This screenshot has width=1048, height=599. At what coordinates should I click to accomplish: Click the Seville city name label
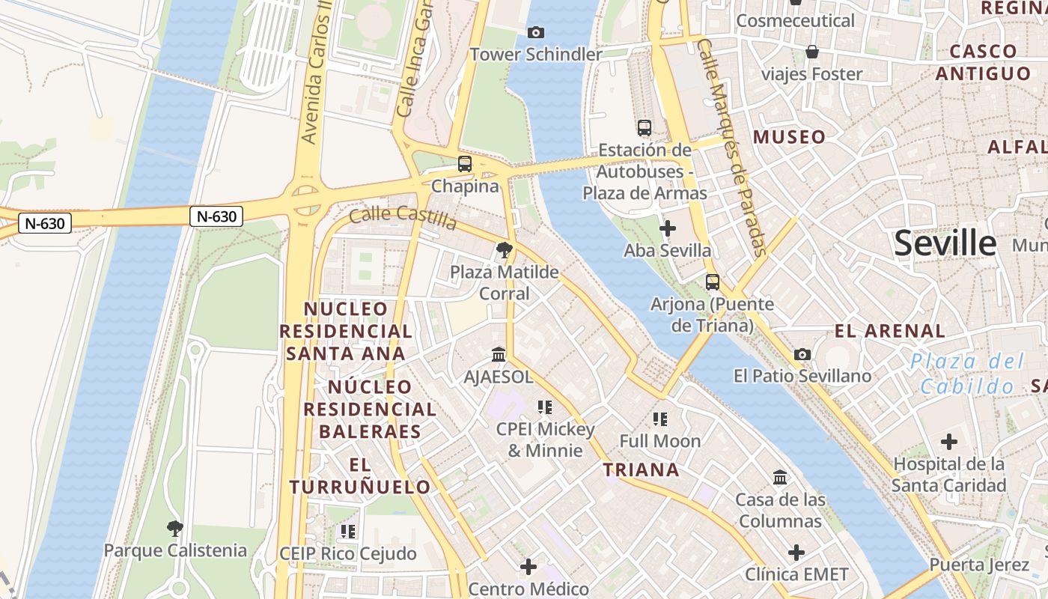(x=945, y=244)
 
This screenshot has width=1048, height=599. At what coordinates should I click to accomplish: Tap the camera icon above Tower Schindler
(x=535, y=32)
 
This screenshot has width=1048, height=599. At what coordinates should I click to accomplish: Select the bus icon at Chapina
(x=465, y=163)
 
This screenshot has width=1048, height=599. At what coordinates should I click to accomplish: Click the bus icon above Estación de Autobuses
(x=645, y=128)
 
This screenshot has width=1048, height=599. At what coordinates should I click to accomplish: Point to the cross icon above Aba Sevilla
(x=667, y=228)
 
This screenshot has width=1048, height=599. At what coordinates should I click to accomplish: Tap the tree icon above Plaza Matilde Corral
(x=505, y=250)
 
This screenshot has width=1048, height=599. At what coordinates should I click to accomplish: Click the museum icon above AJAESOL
(x=499, y=354)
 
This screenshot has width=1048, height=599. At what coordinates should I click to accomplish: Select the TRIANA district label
(x=642, y=470)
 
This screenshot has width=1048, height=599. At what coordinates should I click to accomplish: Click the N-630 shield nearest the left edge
(x=45, y=223)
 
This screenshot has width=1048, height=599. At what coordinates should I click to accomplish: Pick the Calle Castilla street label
(x=403, y=218)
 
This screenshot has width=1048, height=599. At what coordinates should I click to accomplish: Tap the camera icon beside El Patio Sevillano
(x=802, y=354)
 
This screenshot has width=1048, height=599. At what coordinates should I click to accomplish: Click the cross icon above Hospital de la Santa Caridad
(x=948, y=442)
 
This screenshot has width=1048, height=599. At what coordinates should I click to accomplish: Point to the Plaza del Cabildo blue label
(x=966, y=374)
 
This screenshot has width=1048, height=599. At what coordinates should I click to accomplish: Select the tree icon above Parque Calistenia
(x=174, y=529)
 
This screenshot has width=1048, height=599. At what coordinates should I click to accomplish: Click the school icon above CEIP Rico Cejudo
(x=347, y=532)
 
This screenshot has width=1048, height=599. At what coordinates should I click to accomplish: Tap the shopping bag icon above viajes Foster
(x=812, y=52)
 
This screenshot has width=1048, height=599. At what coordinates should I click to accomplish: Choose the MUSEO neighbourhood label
(x=789, y=137)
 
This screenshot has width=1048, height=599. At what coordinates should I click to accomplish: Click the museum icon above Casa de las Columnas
(x=780, y=477)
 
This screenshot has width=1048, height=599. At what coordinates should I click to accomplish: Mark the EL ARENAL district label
(x=890, y=330)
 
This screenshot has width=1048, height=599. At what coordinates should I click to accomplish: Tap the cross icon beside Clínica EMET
(x=796, y=553)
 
